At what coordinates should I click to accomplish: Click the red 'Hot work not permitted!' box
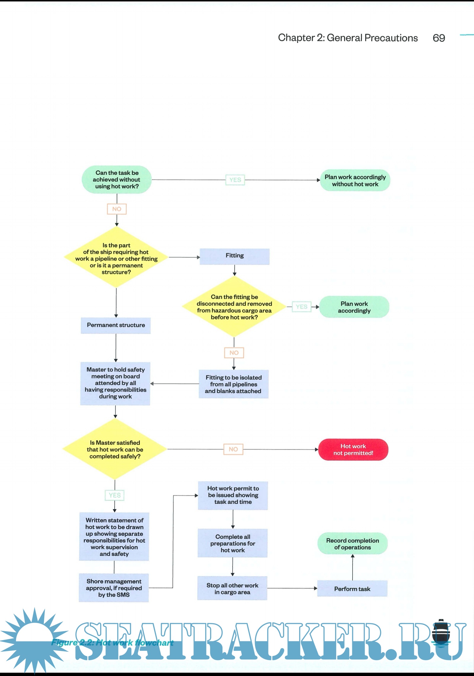(x=353, y=450)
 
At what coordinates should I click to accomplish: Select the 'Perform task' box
(x=352, y=589)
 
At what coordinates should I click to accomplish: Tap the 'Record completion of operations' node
(x=353, y=544)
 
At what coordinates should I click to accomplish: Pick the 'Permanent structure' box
(x=116, y=325)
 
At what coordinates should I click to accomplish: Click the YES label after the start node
(x=235, y=180)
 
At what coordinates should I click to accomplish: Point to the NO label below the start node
(x=117, y=209)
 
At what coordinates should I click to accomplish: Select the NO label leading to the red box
(x=233, y=449)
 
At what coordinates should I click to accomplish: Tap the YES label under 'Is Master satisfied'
(x=115, y=495)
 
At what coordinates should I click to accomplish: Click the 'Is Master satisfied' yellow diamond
(x=115, y=449)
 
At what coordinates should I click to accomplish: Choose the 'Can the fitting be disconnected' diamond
(x=234, y=307)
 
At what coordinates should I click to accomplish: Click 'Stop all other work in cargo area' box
(x=232, y=588)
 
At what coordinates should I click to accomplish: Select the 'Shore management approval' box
(x=114, y=588)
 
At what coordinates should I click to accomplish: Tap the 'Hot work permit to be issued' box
(x=233, y=495)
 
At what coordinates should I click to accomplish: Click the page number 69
(x=439, y=38)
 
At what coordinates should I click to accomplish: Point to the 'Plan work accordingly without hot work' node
(x=355, y=180)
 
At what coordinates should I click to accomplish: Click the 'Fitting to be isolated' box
(x=233, y=384)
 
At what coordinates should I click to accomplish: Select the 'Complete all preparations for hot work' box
(x=233, y=543)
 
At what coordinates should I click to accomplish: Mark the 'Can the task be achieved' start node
(x=117, y=180)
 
